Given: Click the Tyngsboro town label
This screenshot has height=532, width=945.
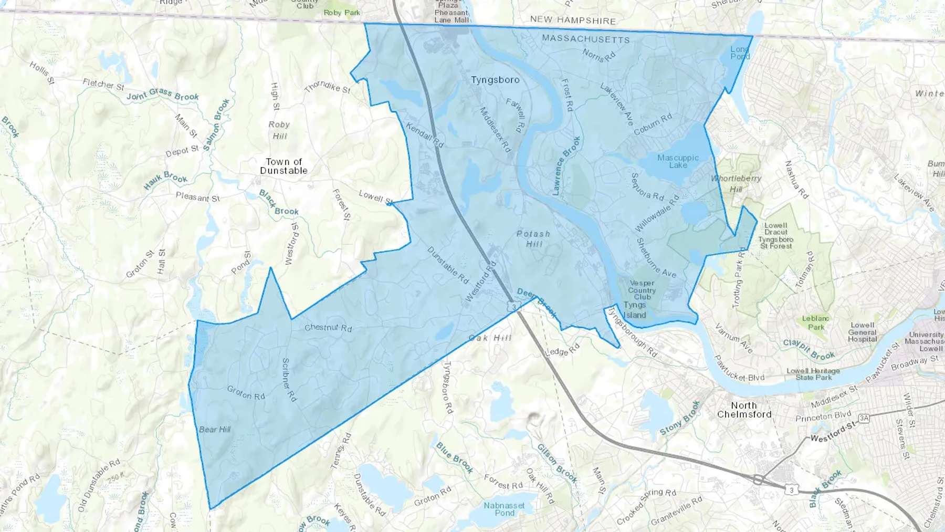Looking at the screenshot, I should [495, 80].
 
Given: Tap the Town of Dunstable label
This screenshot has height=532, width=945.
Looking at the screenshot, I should [283, 166].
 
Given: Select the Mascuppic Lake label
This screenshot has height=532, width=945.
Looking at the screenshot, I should [678, 161].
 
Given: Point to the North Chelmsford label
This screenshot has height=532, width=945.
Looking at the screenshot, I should [744, 410].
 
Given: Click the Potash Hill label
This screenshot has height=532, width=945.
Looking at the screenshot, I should [533, 238].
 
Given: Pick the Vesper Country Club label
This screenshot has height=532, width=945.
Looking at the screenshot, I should [642, 290].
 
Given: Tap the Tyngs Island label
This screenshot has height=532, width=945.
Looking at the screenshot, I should [635, 310].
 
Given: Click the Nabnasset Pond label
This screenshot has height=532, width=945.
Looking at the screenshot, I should [504, 508].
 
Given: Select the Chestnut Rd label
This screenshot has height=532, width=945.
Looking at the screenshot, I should [328, 328].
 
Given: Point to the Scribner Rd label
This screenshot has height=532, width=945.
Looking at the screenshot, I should [289, 380].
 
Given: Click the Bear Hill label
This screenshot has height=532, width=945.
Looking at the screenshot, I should [215, 430].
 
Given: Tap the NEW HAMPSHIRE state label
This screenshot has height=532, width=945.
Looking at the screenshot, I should [572, 20].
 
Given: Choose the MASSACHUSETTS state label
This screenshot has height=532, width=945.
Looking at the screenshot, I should [585, 39].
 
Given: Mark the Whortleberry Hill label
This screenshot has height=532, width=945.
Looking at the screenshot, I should [736, 183].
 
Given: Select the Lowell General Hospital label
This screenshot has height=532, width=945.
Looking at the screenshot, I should [862, 332].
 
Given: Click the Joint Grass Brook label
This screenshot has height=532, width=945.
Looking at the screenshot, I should [163, 95].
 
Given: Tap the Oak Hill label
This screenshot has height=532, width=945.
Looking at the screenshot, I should [490, 338].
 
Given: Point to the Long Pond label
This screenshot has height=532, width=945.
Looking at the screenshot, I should [740, 53].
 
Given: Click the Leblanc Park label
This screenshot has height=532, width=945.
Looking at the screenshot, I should [815, 322].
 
